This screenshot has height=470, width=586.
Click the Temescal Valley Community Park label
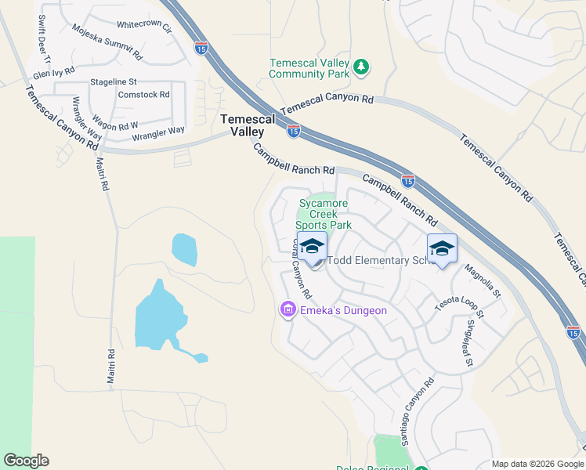[307, 69]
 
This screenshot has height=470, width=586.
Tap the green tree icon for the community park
[360, 67]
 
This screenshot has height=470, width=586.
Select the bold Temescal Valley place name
[248, 125]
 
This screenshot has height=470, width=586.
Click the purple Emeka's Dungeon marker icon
[288, 311]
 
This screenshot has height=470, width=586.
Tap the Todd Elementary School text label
[379, 261]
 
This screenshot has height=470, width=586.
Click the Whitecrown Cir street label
[144, 26]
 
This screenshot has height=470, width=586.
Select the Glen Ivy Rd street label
[54, 73]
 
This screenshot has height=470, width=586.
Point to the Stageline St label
[114, 81]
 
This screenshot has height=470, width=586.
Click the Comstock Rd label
[143, 95]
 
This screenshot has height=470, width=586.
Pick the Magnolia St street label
[482, 282]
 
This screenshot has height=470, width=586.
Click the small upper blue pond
[184, 249]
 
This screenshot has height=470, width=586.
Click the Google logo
[26, 461]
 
